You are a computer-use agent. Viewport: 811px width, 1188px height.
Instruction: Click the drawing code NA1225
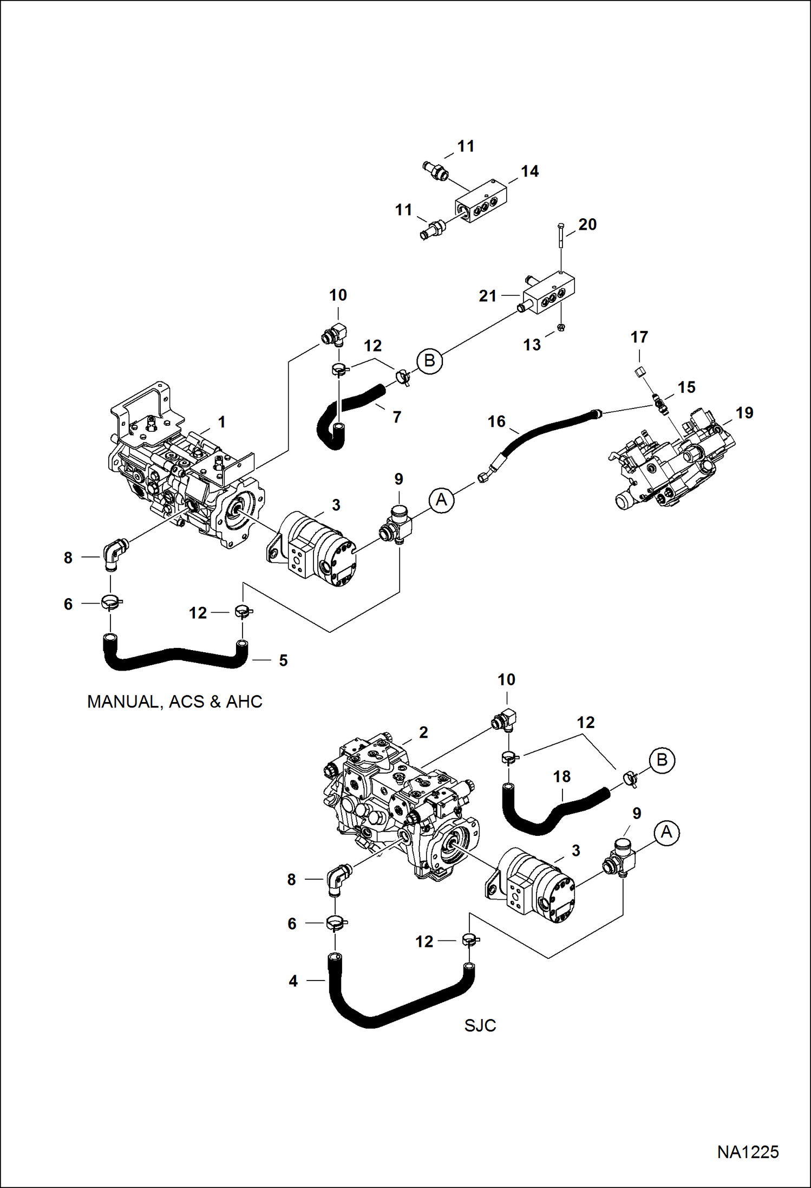tap(748, 1152)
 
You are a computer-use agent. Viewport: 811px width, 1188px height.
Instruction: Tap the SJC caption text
tap(480, 1025)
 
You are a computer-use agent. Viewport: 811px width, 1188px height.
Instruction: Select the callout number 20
tap(587, 224)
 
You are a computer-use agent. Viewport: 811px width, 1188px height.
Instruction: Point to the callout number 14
tap(529, 171)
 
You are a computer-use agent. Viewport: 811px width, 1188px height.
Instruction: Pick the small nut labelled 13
tap(561, 327)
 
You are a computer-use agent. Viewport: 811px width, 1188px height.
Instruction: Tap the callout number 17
tap(639, 337)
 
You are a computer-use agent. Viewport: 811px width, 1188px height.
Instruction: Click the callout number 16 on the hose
tap(496, 421)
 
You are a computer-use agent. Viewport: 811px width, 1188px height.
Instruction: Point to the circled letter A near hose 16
tap(441, 499)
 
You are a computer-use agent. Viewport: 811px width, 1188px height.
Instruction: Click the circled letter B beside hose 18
tap(662, 759)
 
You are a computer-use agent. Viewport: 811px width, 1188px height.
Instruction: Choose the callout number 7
tap(397, 417)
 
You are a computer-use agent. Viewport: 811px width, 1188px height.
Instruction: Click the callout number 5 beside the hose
tap(283, 660)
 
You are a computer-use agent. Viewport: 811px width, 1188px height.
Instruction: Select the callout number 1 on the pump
tap(221, 421)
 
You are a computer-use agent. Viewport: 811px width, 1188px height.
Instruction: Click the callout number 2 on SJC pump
tap(423, 732)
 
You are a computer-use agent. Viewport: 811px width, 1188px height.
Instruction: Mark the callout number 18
tap(562, 777)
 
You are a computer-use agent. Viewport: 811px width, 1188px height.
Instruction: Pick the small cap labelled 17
tap(639, 372)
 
